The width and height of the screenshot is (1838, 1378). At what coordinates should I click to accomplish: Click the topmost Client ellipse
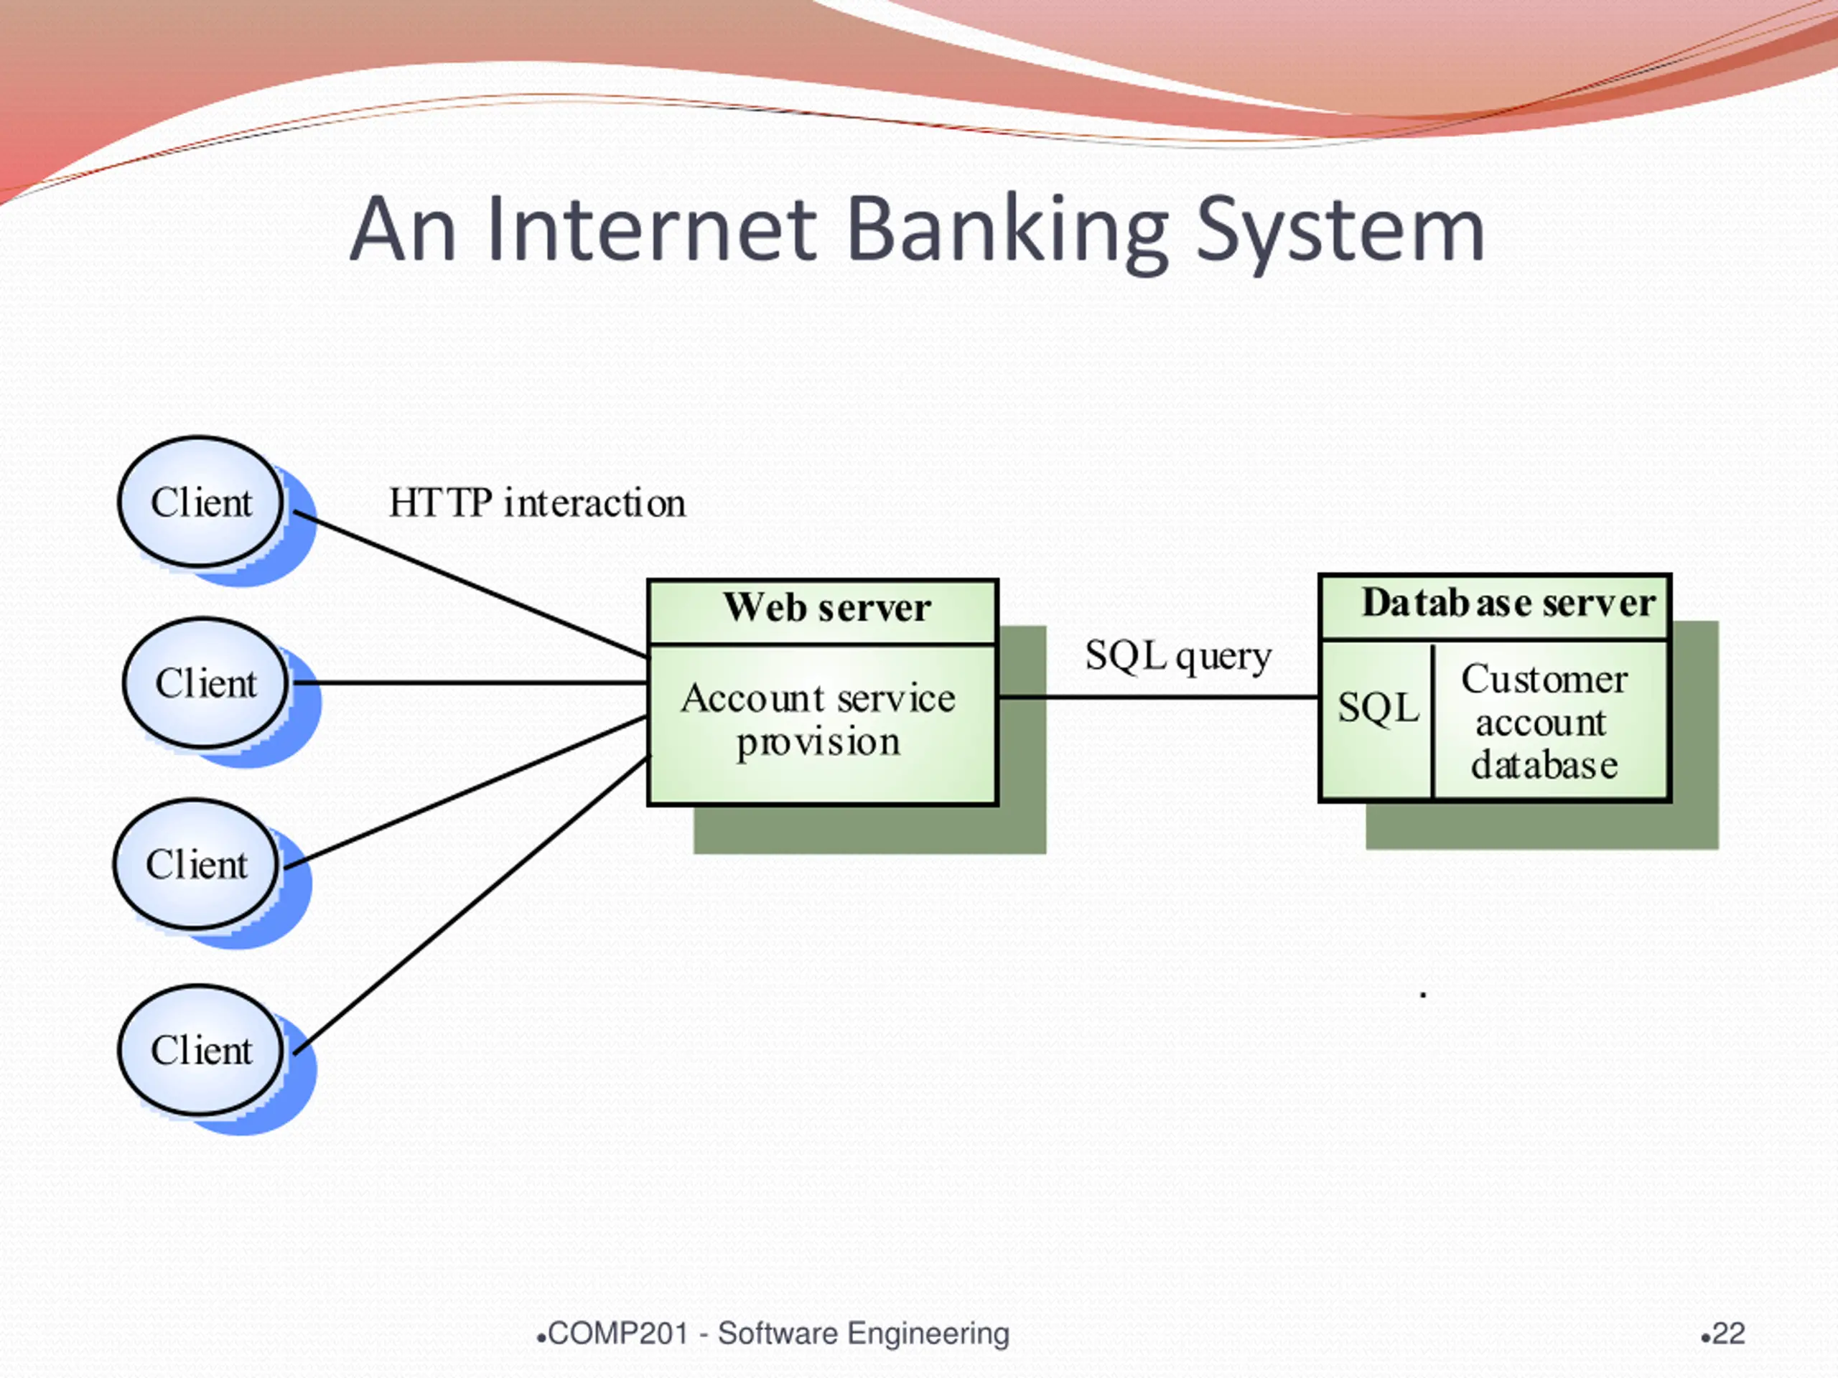click(200, 502)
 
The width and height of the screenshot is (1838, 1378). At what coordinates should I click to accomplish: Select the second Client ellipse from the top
click(205, 683)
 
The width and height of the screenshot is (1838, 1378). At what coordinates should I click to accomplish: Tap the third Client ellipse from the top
click(196, 864)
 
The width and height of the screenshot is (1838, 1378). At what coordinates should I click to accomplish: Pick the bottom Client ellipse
click(200, 1050)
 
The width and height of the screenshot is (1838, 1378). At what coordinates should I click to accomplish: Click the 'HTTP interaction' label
click(538, 502)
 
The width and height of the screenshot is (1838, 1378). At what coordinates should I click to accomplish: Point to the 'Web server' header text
click(827, 607)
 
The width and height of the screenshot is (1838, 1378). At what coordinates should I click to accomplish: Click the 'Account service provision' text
click(818, 720)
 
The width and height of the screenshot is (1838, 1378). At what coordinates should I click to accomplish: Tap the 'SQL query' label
click(1178, 657)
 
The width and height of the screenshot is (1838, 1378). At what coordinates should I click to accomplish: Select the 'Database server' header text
click(1508, 603)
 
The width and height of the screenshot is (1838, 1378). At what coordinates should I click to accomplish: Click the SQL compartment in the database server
click(1378, 719)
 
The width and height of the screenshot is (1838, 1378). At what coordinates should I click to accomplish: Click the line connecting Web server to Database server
click(1159, 697)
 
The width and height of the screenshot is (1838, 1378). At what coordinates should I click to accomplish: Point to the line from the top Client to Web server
click(471, 585)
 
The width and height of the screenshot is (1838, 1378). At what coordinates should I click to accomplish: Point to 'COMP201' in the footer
click(618, 1334)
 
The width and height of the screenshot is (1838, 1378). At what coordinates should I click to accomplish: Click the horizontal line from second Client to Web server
click(471, 683)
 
